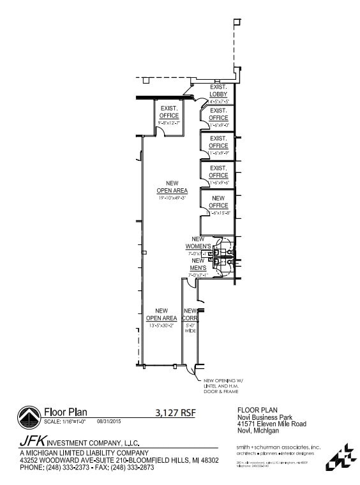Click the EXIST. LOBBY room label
218,91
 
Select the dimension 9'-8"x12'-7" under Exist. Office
169,123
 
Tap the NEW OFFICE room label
218,202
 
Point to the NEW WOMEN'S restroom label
198,243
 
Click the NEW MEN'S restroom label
198,264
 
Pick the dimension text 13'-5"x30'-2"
161,325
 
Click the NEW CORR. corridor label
190,315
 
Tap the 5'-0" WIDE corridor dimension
190,329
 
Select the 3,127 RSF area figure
175,412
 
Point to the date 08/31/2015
109,422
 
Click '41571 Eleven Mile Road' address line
271,424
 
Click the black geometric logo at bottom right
341,457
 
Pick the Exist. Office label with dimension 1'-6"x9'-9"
218,142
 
